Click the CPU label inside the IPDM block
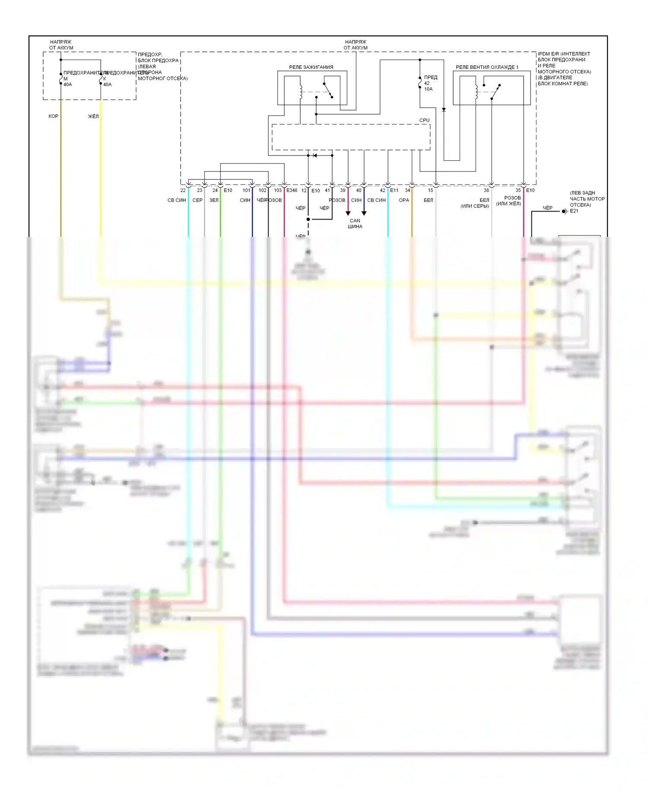pos(424,120)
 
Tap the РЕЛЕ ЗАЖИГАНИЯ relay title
pos(311,67)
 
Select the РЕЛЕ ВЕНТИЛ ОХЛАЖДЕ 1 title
pos(487,67)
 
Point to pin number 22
pos(183,190)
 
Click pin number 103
pos(278,190)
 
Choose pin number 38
pos(486,190)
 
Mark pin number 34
pos(407,190)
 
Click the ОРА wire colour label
pos(404,200)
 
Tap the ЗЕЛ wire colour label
pos(214,200)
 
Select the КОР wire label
pos(53,116)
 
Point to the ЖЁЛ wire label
pos(93,116)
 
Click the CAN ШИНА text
pos(355,223)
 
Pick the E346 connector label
pos(292,190)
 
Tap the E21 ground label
pos(574,211)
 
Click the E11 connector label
pos(394,190)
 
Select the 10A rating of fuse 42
pos(428,89)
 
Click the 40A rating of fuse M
pos(68,85)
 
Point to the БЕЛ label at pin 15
pos(428,200)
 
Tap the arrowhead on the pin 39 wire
pos(348,213)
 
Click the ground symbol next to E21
pos(565,211)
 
